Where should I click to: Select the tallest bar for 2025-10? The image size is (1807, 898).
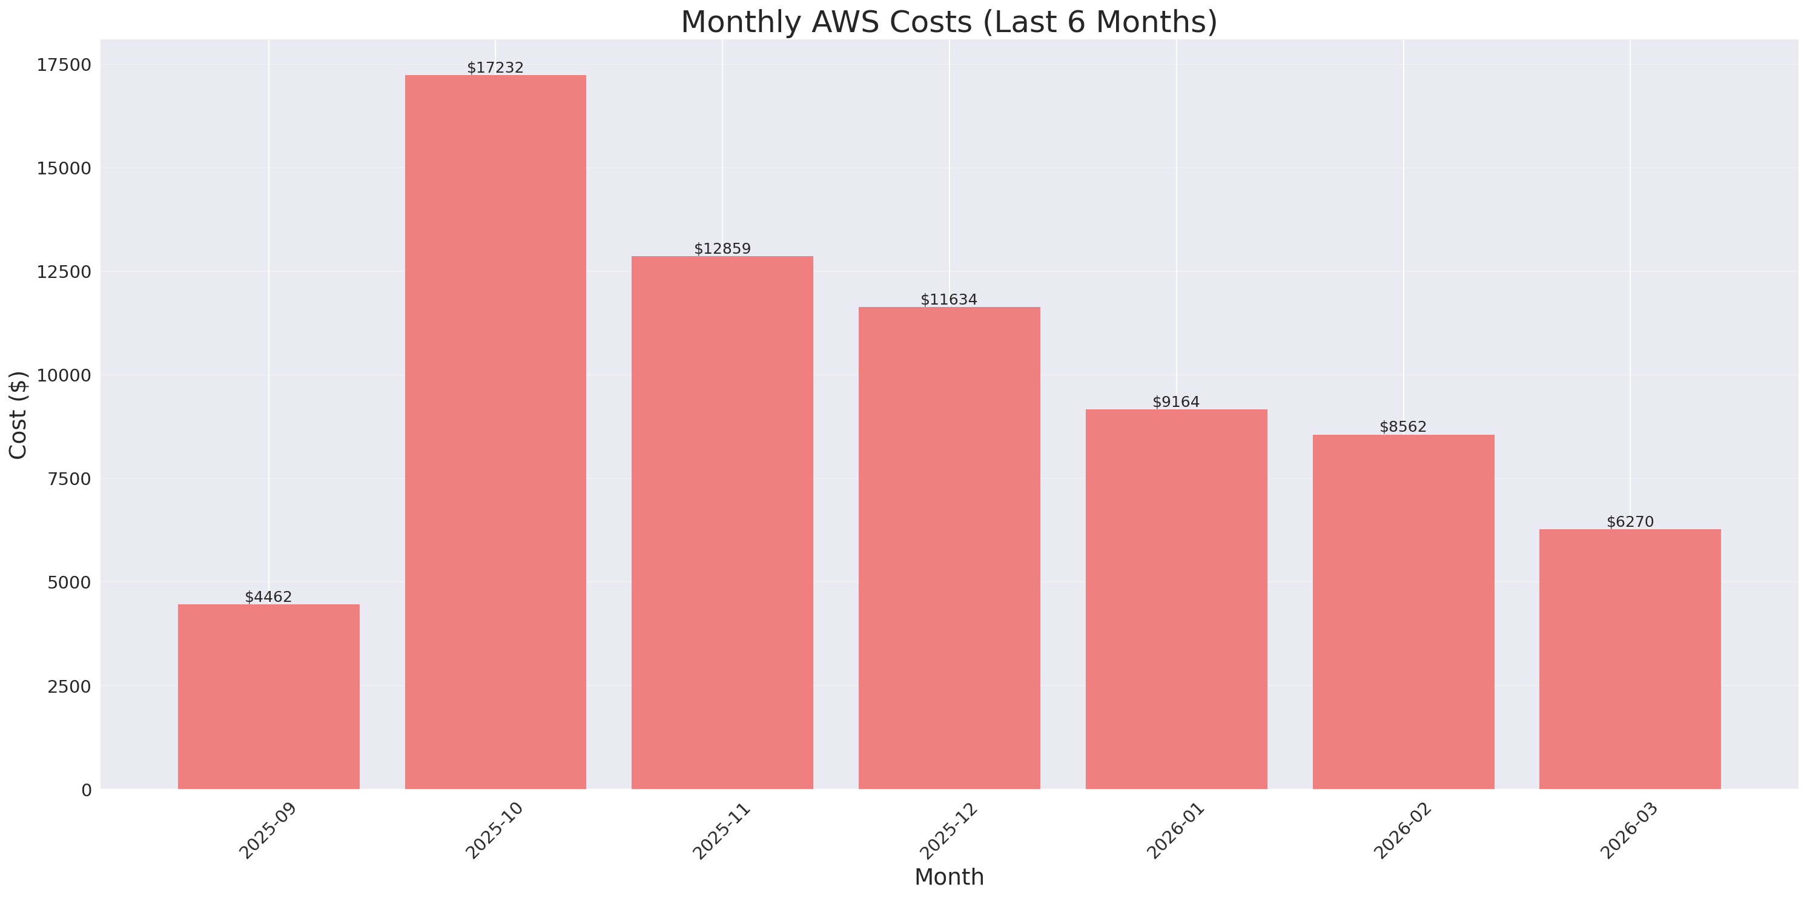(x=495, y=432)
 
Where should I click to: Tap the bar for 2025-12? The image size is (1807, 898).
(x=949, y=547)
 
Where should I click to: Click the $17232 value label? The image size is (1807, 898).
(x=495, y=67)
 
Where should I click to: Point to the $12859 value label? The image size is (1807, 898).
(x=722, y=248)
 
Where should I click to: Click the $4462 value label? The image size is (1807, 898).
(x=268, y=596)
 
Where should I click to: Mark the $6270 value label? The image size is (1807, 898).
(x=1630, y=521)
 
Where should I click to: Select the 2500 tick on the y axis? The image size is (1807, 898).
(x=69, y=686)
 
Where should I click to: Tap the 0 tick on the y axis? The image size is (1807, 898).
(x=86, y=790)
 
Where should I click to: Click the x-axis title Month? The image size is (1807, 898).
(x=949, y=876)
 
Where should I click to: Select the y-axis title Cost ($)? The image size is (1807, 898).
(x=18, y=415)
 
